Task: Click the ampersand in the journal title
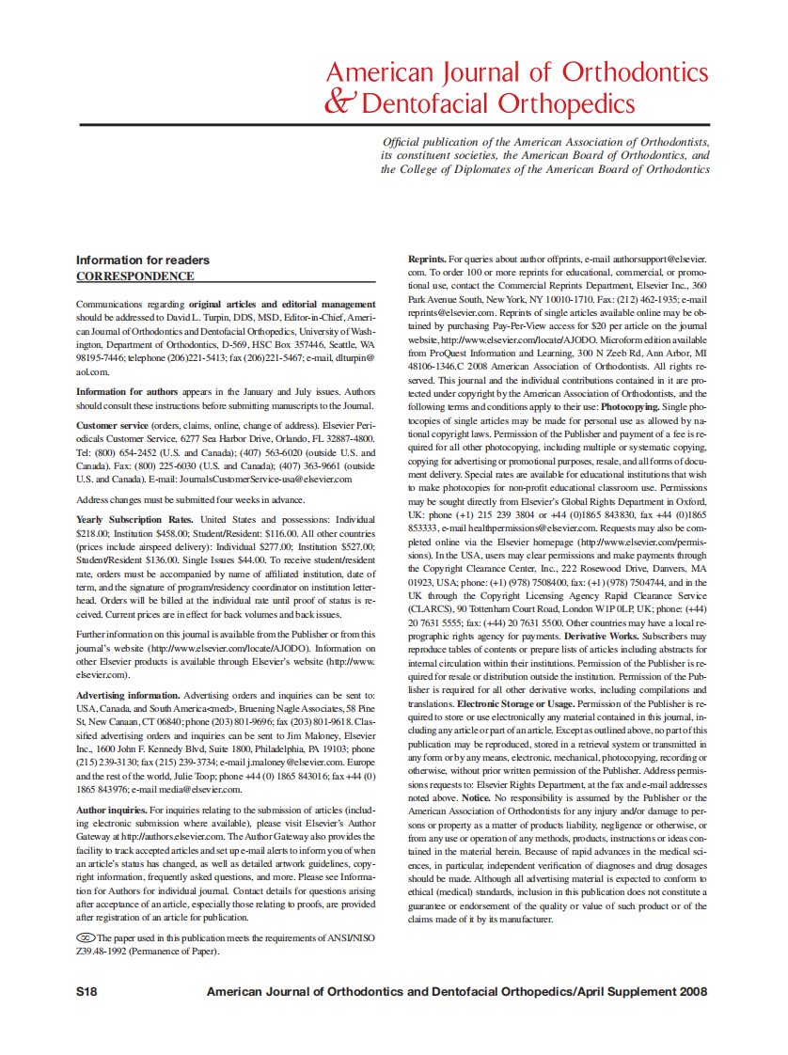(338, 102)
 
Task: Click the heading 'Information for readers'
(142, 260)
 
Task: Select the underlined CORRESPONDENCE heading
(134, 276)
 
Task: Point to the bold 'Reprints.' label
(426, 258)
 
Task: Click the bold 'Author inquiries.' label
(111, 810)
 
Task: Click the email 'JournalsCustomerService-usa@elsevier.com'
(264, 479)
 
